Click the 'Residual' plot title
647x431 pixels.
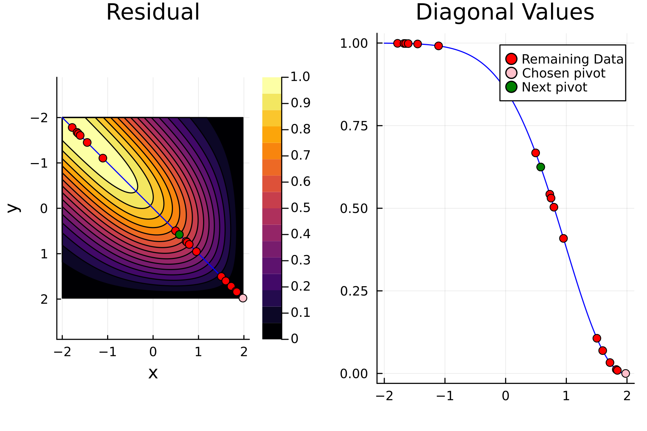[153, 12]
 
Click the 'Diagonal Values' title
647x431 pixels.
[505, 12]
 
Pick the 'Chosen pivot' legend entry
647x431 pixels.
[563, 73]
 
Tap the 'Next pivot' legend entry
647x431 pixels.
[554, 87]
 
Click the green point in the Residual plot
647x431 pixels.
[179, 235]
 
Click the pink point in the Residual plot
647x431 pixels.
[243, 298]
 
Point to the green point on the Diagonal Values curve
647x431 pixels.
[541, 167]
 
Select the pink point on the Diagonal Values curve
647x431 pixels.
[625, 374]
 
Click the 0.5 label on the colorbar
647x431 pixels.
[300, 208]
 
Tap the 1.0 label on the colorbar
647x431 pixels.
[300, 77]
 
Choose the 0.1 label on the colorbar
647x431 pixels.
[300, 312]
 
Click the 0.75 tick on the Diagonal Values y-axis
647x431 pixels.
[354, 126]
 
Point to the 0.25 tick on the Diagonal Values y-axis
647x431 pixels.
[354, 291]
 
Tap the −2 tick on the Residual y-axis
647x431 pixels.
[39, 118]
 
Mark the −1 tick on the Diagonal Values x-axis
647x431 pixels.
[445, 396]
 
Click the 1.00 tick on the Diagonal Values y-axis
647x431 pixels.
[354, 43]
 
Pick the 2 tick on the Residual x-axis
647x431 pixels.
[244, 352]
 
